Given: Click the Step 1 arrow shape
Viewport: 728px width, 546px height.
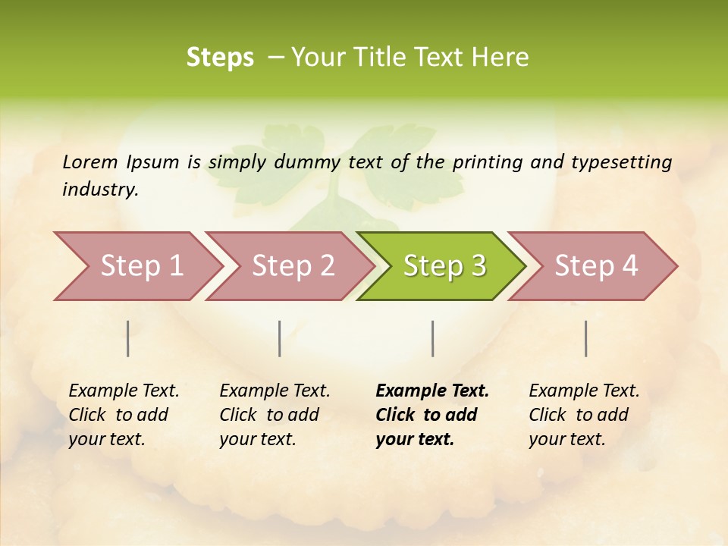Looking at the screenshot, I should pos(141,266).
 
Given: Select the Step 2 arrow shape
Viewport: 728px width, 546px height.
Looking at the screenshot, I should pos(293,266).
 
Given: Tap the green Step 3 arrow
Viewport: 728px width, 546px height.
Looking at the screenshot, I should pos(444,266).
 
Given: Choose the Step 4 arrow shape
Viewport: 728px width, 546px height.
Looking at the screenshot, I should pos(596,266).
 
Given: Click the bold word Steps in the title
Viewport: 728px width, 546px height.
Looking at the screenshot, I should pos(220,58).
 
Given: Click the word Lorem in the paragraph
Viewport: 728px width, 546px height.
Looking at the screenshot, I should pos(89,162).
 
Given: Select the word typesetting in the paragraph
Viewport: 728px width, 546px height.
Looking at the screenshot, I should pos(621,162).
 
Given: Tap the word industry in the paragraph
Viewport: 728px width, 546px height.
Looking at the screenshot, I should pos(100,189).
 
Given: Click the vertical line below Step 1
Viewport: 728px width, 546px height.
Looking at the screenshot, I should pos(128,338).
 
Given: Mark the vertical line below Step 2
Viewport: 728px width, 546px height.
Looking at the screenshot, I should pos(280,338).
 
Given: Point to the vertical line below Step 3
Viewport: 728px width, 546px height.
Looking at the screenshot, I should pos(432,338).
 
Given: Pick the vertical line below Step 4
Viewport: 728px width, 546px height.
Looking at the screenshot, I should pos(586,338).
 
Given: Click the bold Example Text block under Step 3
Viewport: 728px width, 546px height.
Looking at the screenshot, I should pos(431,415).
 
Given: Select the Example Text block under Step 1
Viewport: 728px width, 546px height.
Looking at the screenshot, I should pos(124,415).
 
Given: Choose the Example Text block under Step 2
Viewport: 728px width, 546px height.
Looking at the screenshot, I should pos(275,415).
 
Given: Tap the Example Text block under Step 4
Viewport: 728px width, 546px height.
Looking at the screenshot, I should pos(584,415).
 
